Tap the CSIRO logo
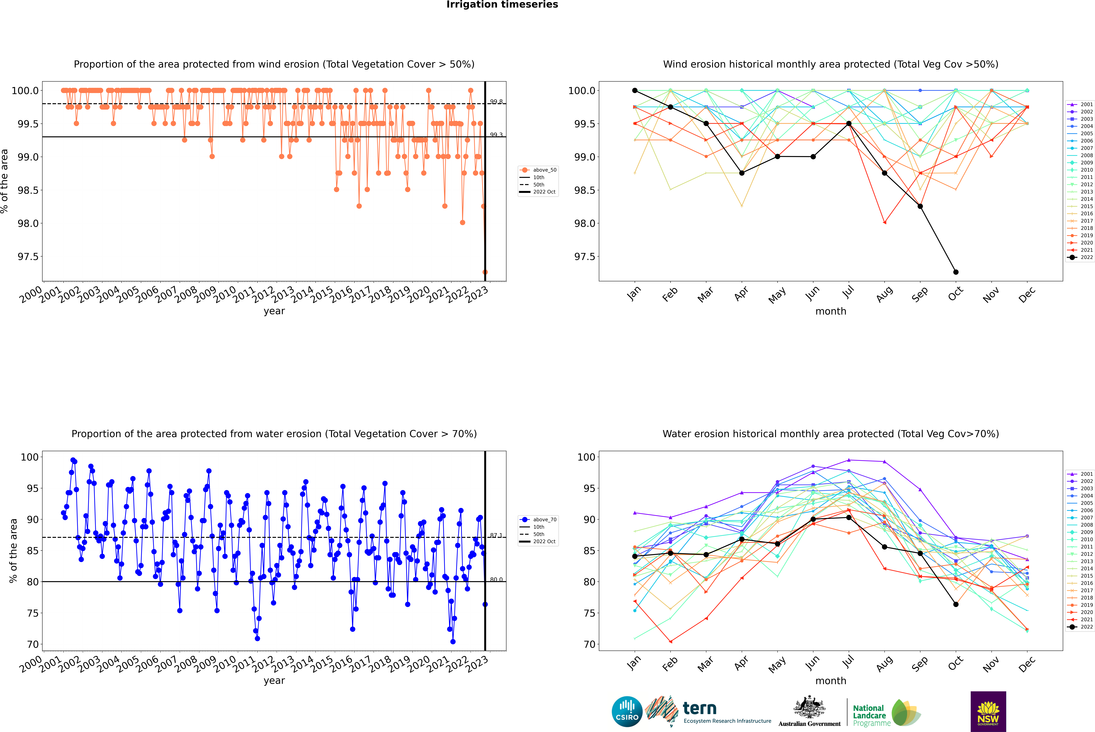point(627,711)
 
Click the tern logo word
point(699,708)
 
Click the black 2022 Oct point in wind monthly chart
point(955,272)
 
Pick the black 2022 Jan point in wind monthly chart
point(635,91)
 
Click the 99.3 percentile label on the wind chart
point(496,135)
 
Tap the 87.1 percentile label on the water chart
point(496,536)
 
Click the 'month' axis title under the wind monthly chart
point(830,311)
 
